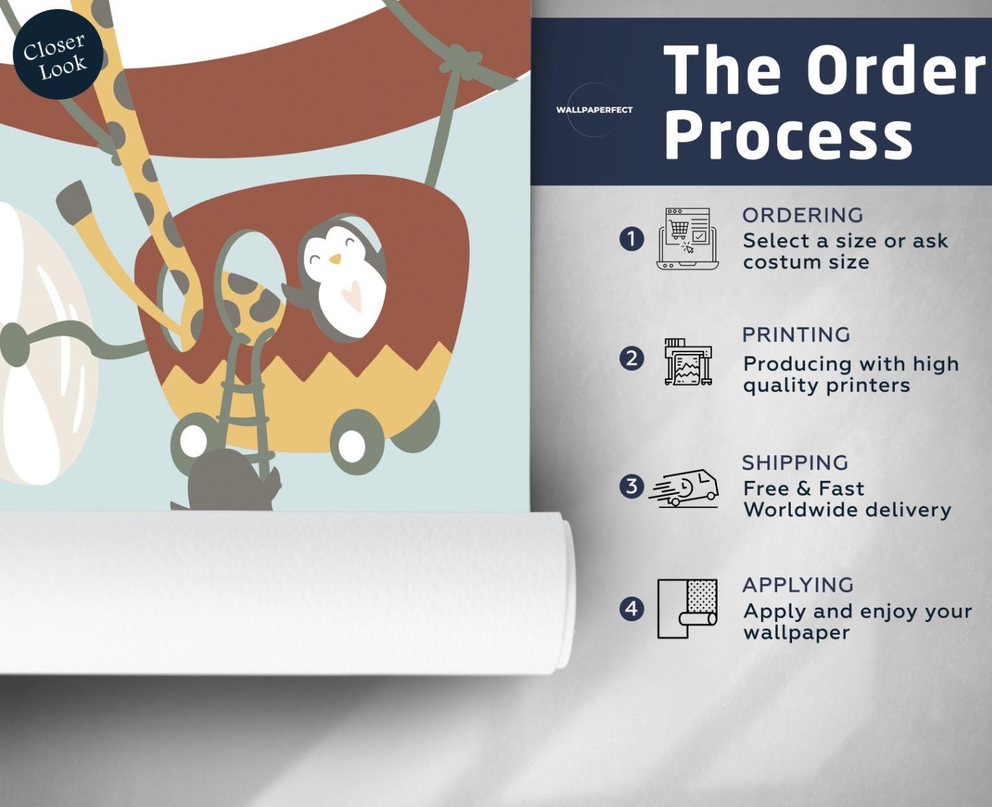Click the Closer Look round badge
coord(58,54)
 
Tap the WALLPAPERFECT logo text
coord(594,110)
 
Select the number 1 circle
coord(632,239)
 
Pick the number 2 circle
coord(632,359)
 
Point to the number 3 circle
coord(632,486)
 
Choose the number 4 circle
coord(632,608)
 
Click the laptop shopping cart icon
coord(687,239)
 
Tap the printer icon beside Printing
coord(688,362)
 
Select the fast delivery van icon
coord(684,488)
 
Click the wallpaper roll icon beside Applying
coord(687,608)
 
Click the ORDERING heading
coord(803,216)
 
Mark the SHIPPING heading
coord(795,463)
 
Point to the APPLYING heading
coord(799,585)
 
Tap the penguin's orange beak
coord(335,258)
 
